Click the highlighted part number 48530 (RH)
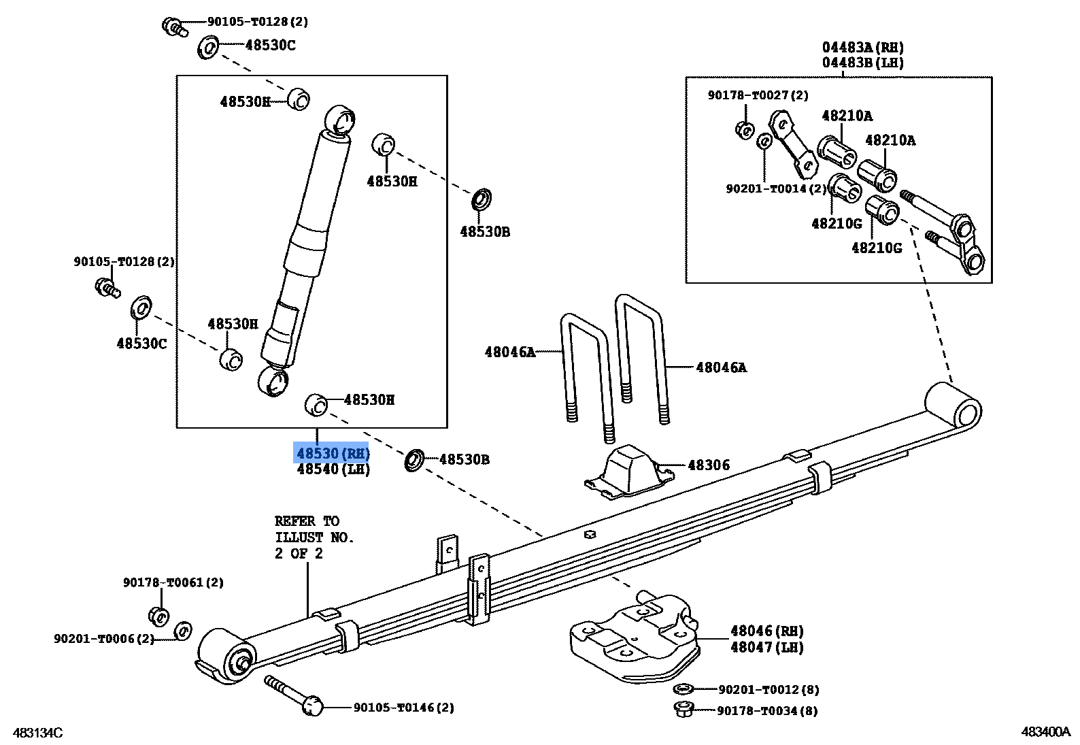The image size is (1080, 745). click(x=332, y=453)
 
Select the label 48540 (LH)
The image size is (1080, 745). click(x=333, y=469)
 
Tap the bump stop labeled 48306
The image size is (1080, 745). click(x=629, y=471)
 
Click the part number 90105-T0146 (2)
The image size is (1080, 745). click(x=403, y=708)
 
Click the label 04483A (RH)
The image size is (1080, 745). click(x=862, y=48)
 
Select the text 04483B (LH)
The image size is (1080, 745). click(x=862, y=63)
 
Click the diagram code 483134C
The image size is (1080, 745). click(x=37, y=733)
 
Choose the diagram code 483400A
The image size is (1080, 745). click(x=1045, y=732)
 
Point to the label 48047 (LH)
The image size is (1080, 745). click(x=766, y=648)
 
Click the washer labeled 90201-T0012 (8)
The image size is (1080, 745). click(x=685, y=689)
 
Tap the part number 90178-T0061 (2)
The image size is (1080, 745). click(x=173, y=582)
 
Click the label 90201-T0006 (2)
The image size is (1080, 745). click(x=104, y=639)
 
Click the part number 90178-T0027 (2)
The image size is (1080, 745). click(x=758, y=95)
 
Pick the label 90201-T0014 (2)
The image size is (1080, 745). click(x=775, y=188)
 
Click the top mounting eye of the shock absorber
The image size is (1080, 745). click(x=340, y=120)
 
